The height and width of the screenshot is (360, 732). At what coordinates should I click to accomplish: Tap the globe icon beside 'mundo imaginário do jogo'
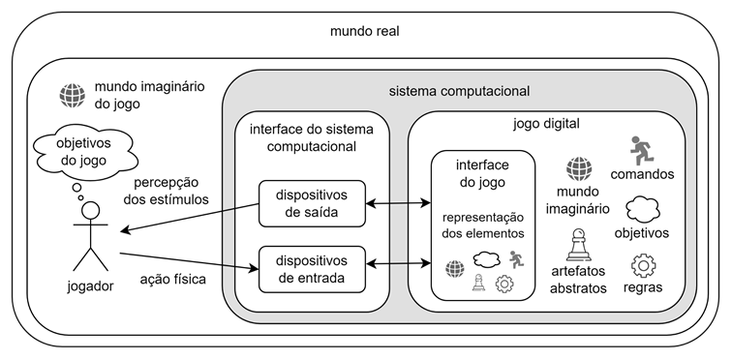[x=72, y=94]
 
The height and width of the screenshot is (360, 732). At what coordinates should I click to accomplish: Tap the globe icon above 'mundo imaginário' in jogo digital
[x=578, y=169]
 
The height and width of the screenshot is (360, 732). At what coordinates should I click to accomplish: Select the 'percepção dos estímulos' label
[x=172, y=192]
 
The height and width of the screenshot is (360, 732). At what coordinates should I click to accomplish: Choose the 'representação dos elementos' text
[x=480, y=225]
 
